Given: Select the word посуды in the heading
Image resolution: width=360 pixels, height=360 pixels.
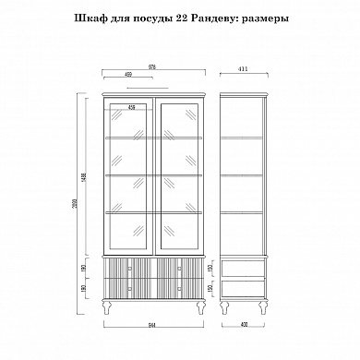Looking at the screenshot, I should [156, 18].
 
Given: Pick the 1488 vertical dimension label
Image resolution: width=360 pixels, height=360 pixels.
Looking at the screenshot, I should [83, 178].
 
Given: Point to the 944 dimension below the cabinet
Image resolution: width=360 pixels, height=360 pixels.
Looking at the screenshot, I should [153, 325].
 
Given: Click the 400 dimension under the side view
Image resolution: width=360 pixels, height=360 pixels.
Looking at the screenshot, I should [244, 325].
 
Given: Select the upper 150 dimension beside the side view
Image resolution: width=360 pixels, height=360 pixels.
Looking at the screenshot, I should [211, 269].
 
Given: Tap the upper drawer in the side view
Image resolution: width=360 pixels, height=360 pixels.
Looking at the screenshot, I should [245, 269].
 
